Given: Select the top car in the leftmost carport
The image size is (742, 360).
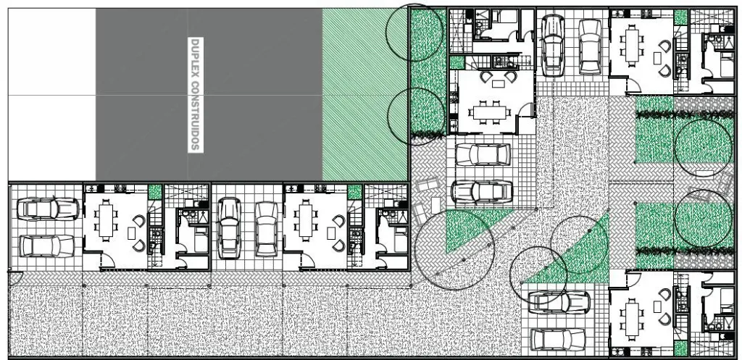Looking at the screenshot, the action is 48,209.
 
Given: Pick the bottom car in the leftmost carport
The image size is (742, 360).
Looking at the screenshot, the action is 46,246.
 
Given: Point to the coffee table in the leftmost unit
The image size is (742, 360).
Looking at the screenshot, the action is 132,233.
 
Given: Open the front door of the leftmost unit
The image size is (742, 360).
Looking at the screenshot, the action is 108,261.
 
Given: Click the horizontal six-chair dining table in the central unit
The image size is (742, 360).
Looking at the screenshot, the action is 489,112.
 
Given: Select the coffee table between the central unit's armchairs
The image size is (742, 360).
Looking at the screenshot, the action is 498,84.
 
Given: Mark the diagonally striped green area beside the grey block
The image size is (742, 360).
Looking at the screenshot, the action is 365,95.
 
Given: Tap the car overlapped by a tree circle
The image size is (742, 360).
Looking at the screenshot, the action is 559,302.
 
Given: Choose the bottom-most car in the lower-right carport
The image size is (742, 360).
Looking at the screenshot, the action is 559,339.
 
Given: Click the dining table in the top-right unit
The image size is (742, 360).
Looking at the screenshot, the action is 632,44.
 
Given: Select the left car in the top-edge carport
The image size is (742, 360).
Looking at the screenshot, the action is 553,46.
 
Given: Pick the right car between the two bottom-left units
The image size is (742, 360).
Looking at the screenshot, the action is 266,230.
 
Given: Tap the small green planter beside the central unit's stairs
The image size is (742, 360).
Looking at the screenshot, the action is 457,62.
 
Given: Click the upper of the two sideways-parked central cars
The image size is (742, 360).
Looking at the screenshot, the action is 483,154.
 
